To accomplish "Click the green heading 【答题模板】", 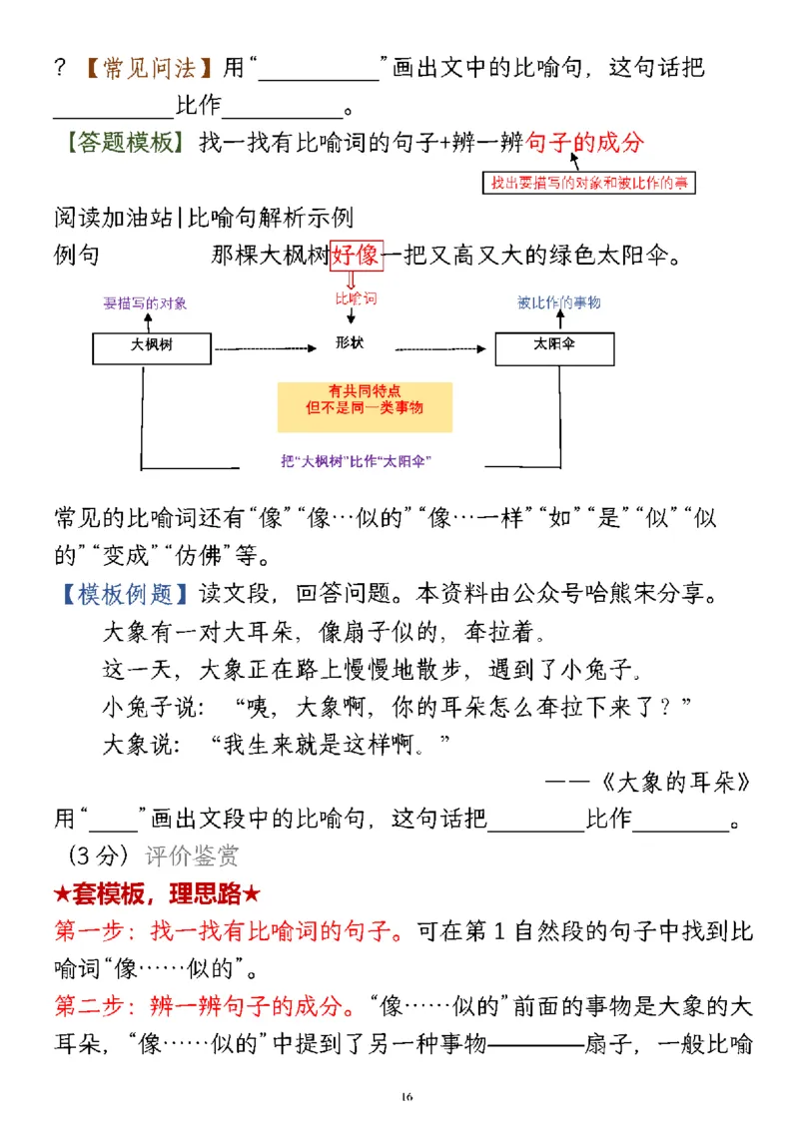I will point(125,142).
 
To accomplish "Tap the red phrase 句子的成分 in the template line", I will point(584,142).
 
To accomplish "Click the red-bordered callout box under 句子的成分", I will point(589,183).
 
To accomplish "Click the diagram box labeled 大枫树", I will point(152,347).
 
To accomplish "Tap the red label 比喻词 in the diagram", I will point(357,298).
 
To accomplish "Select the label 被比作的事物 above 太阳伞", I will point(559,301).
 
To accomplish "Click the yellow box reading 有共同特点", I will point(365,399).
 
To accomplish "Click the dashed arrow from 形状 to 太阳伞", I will point(441,348).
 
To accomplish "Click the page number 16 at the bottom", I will point(405,1098).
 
